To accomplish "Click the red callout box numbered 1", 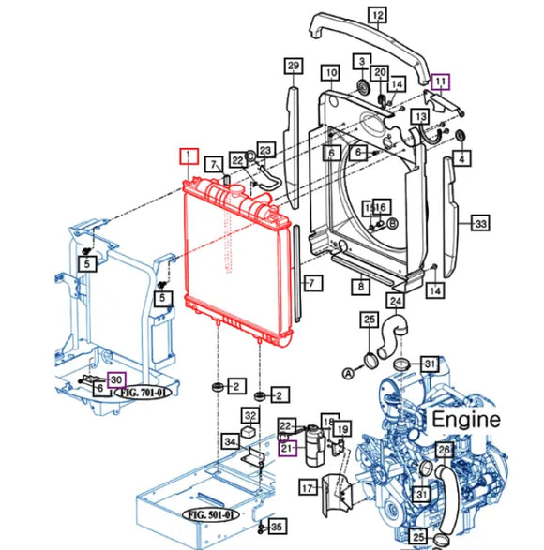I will click(x=189, y=156).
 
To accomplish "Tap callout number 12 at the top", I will click(x=377, y=15).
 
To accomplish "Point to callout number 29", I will click(x=294, y=65).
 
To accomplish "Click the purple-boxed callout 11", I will click(x=441, y=82).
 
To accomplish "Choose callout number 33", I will click(x=480, y=224).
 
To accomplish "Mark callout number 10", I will click(x=330, y=73).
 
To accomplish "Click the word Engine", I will click(x=465, y=420).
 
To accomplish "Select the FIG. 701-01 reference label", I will click(x=143, y=394).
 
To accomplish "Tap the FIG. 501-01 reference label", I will click(x=209, y=514).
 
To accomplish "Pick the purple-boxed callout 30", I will click(x=115, y=379).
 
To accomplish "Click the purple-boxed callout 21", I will click(x=289, y=446).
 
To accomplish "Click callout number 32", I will click(x=250, y=416).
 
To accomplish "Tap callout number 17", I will click(x=307, y=488).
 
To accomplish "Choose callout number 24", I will click(x=397, y=301).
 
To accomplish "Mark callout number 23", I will click(x=265, y=150).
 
